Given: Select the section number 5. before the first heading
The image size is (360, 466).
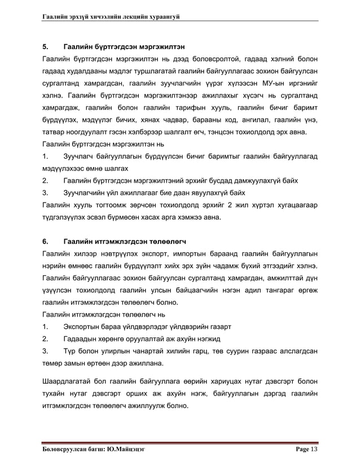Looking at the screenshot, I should [46, 46].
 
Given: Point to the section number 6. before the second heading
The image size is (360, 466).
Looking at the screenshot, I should [46, 241].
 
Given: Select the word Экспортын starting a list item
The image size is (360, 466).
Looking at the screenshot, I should [85, 327].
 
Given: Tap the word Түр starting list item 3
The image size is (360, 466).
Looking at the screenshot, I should [71, 351].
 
